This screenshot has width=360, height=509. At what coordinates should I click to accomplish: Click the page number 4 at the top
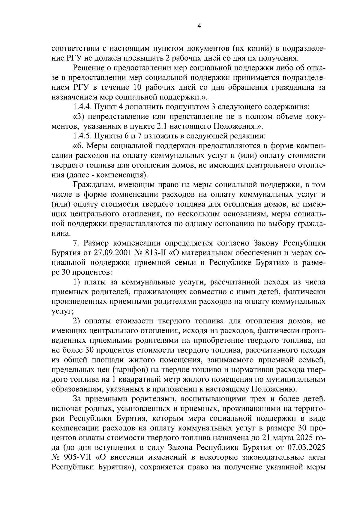199,26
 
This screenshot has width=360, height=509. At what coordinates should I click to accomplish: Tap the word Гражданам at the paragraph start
91,185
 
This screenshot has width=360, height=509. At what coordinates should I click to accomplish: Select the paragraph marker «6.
77,146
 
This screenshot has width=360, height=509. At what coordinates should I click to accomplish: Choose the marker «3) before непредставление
79,117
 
